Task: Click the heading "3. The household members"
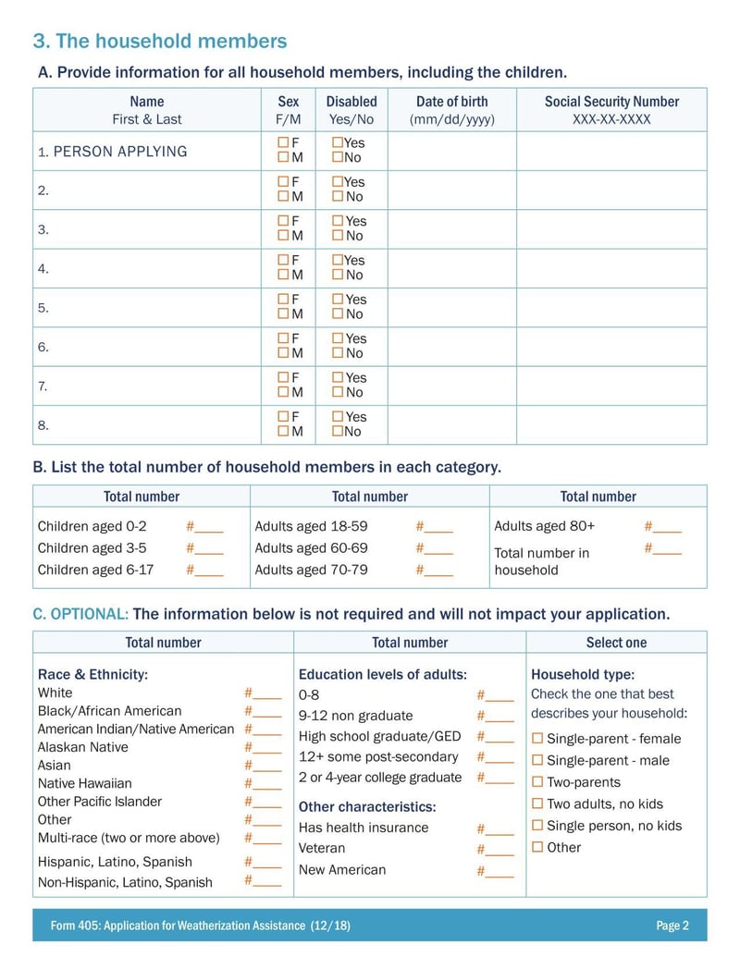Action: point(160,41)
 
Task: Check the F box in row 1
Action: point(283,143)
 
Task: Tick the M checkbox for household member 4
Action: point(283,276)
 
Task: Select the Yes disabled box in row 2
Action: point(338,182)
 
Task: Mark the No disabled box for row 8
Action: point(338,432)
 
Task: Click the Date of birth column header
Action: point(451,102)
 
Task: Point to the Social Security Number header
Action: point(611,102)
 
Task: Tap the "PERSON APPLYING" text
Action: point(120,152)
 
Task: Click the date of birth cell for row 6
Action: point(451,347)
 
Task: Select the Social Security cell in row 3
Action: point(611,229)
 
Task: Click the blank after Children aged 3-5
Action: point(209,549)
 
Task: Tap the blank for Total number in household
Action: point(667,549)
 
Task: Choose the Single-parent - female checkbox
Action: point(537,739)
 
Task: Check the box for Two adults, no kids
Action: point(537,804)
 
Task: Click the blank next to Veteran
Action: point(499,850)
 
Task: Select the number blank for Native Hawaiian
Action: point(267,783)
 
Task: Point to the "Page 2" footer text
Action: point(672,926)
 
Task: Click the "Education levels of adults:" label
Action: point(383,675)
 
